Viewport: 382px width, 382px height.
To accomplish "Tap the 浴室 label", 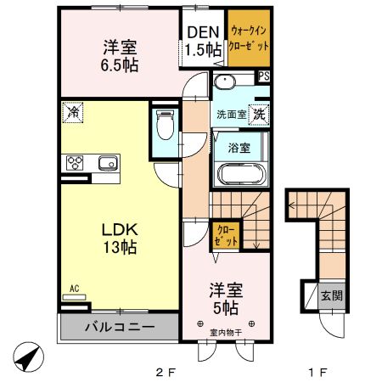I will pos(239,147).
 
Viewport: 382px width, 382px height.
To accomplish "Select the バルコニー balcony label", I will pos(119,327).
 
